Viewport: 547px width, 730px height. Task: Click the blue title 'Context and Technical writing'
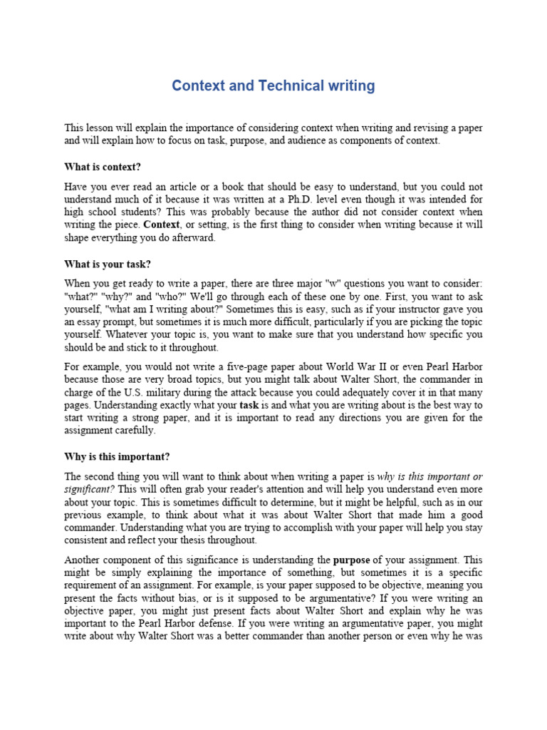pyautogui.click(x=273, y=86)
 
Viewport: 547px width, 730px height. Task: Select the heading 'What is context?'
pyautogui.click(x=103, y=168)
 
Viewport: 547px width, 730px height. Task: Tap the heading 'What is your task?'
pyautogui.click(x=108, y=264)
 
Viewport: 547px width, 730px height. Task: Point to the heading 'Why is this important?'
pyautogui.click(x=118, y=456)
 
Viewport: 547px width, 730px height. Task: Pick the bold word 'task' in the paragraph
pyautogui.click(x=249, y=405)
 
